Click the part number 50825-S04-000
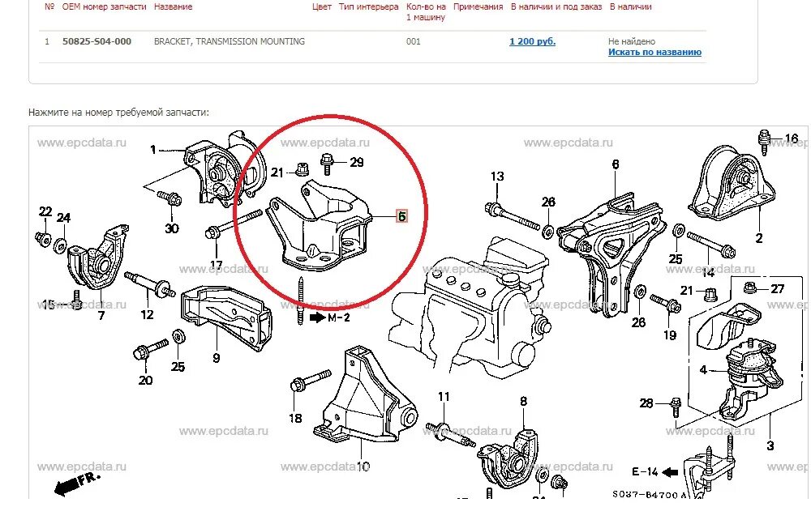click(x=97, y=41)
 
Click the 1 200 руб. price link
click(x=532, y=41)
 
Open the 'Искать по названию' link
click(x=654, y=53)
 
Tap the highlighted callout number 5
click(x=401, y=216)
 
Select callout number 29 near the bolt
click(x=357, y=163)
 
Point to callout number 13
click(x=497, y=177)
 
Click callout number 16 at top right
click(x=791, y=138)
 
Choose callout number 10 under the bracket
click(x=363, y=467)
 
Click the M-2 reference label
click(x=338, y=317)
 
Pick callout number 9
click(x=217, y=357)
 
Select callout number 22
click(x=45, y=212)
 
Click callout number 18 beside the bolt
click(x=295, y=418)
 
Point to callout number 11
click(x=443, y=397)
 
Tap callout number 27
click(x=777, y=288)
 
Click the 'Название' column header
click(x=173, y=6)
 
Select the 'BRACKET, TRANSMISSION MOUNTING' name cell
click(x=230, y=41)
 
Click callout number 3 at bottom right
click(x=770, y=445)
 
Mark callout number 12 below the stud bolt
click(x=147, y=314)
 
